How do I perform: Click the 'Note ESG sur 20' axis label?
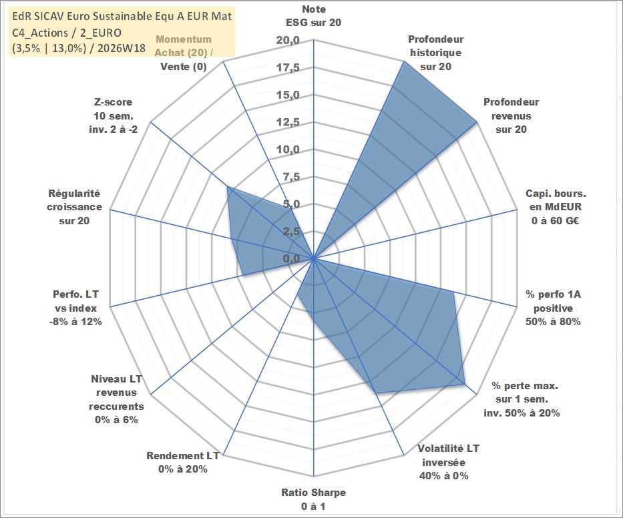(313, 16)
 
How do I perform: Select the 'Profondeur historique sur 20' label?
(435, 53)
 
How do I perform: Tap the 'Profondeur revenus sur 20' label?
(511, 115)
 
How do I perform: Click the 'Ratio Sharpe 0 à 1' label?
(313, 499)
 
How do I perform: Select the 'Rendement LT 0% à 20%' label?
(183, 463)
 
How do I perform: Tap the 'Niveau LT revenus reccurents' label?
(116, 399)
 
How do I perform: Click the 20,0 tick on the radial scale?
(288, 41)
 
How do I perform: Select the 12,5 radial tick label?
(288, 122)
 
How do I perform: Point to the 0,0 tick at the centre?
(291, 258)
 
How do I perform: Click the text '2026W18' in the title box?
(121, 48)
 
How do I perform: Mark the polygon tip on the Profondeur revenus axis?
(476, 122)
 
